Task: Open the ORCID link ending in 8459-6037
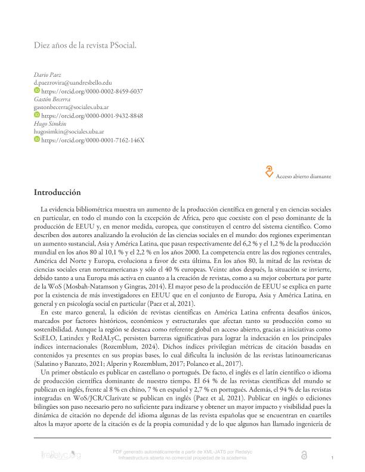(x=91, y=91)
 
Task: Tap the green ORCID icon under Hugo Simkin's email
(x=37, y=139)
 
